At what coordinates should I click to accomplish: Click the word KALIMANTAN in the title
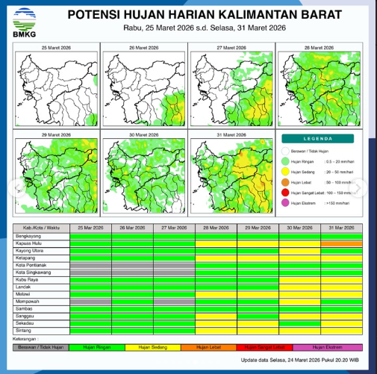246,15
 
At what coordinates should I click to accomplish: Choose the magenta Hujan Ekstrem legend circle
286,202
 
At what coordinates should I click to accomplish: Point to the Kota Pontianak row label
29,264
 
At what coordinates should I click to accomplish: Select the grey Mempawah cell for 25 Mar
90,301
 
